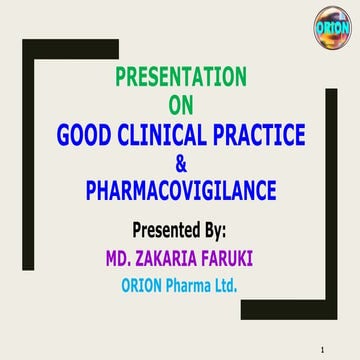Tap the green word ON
tap(181, 102)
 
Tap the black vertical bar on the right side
tap(331, 200)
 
